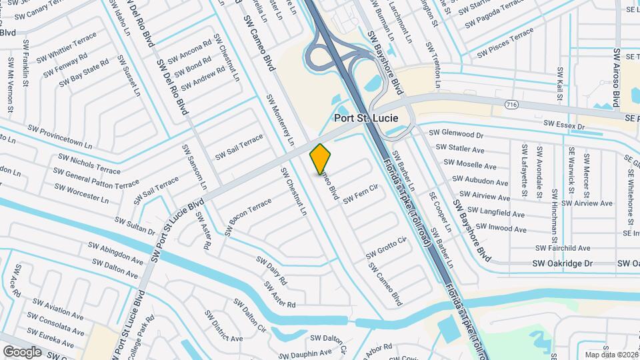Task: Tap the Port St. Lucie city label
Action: [x=365, y=118]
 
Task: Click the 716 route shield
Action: [x=511, y=105]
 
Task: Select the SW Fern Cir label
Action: [x=361, y=195]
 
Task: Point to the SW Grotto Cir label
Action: [x=386, y=248]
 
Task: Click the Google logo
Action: [x=22, y=351]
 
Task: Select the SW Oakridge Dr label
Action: [x=562, y=263]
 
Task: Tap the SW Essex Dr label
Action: [x=563, y=125]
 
